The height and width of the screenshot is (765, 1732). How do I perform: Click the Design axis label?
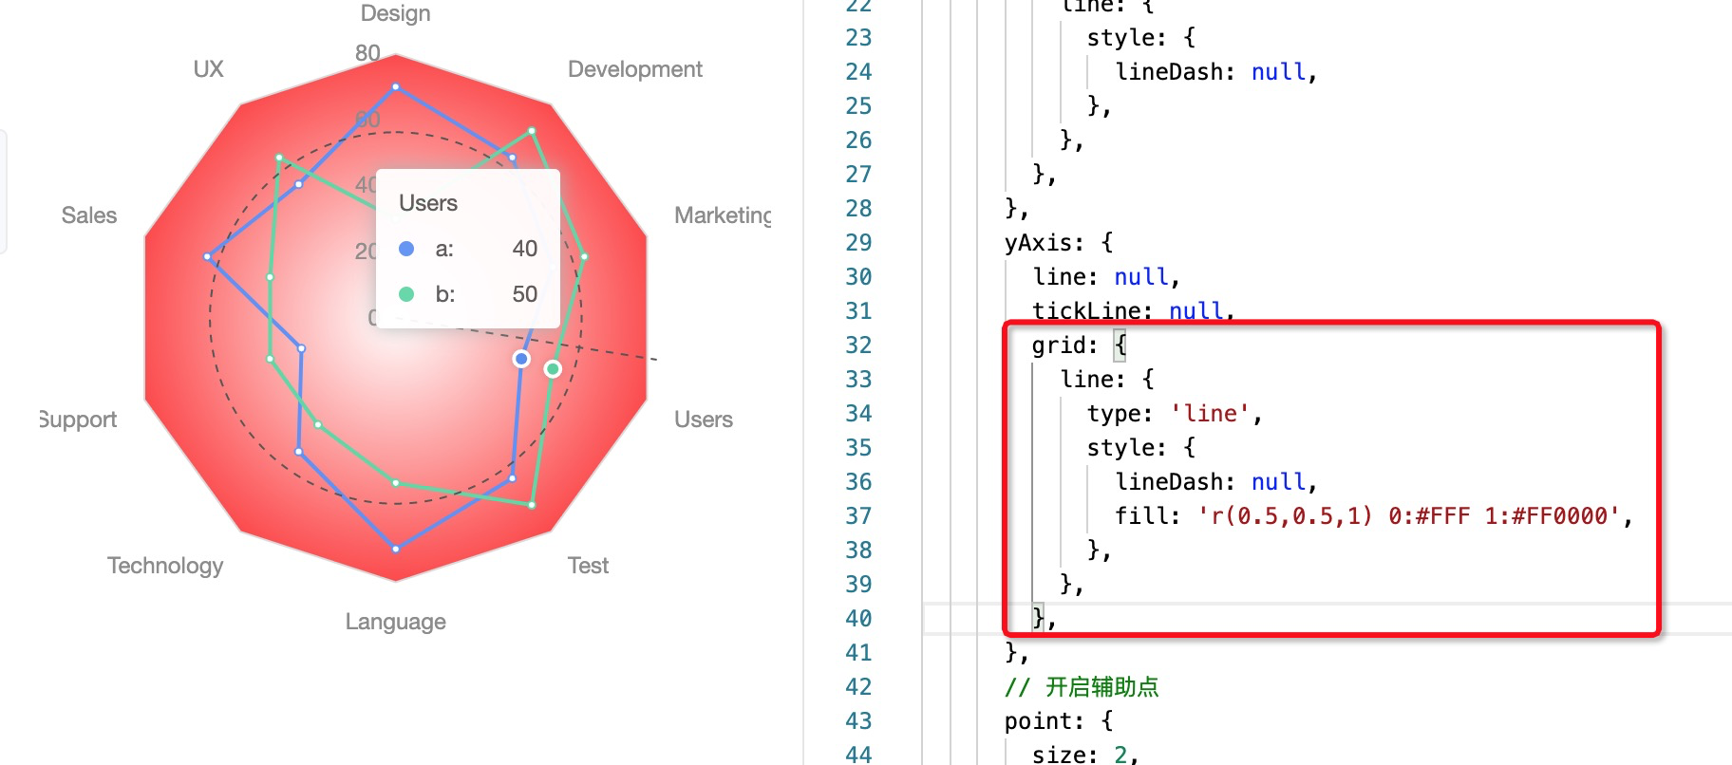click(395, 13)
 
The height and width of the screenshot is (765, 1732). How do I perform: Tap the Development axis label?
click(634, 69)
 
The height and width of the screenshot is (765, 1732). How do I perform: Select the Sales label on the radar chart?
click(89, 215)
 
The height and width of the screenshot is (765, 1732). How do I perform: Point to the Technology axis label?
click(165, 566)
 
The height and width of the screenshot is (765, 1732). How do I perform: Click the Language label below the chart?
click(395, 622)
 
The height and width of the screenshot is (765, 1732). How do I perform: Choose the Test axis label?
click(588, 566)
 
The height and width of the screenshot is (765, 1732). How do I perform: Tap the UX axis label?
click(208, 69)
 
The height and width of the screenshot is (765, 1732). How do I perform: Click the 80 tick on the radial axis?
click(367, 53)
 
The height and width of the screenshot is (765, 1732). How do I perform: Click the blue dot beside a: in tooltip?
click(406, 249)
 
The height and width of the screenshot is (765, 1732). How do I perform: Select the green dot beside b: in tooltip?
click(406, 294)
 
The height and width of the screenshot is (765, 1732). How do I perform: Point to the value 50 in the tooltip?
click(524, 294)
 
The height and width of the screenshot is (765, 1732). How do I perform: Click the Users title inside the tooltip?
click(427, 203)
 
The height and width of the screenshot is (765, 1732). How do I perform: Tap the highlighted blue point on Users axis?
click(521, 359)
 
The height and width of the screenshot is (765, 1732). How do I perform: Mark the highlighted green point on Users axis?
click(553, 368)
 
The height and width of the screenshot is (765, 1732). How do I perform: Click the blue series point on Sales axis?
click(208, 257)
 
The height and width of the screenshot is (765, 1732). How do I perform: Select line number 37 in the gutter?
click(858, 516)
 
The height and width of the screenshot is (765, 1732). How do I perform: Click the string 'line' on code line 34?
click(1209, 414)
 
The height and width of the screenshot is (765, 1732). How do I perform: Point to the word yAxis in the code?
click(1043, 243)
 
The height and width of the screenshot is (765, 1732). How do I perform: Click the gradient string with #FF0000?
click(1409, 516)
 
